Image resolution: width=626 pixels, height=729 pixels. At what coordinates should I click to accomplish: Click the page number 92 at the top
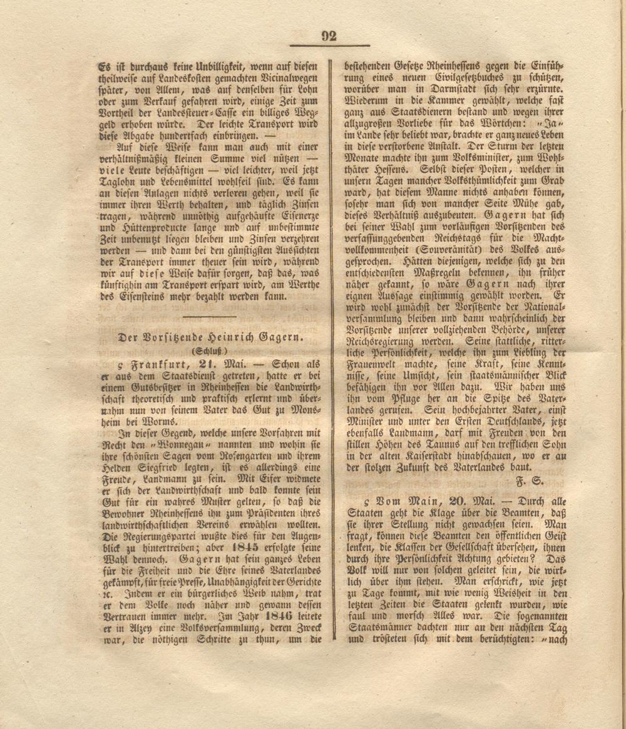point(329,36)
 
